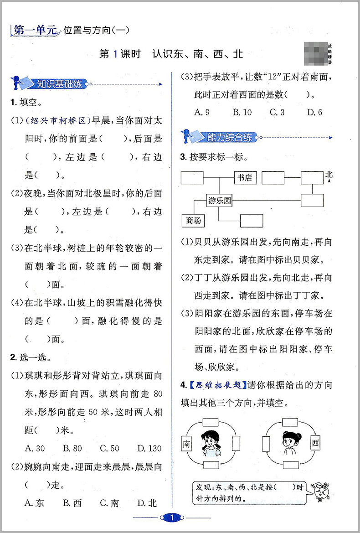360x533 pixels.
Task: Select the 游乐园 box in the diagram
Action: pos(219,200)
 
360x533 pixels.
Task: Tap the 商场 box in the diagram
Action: pos(193,221)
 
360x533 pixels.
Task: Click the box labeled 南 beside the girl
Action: pos(186,443)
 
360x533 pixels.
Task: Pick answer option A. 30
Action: pos(35,448)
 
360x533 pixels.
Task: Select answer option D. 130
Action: pos(149,448)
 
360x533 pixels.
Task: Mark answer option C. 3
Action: pos(277,112)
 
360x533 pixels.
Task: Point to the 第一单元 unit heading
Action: pos(35,31)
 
